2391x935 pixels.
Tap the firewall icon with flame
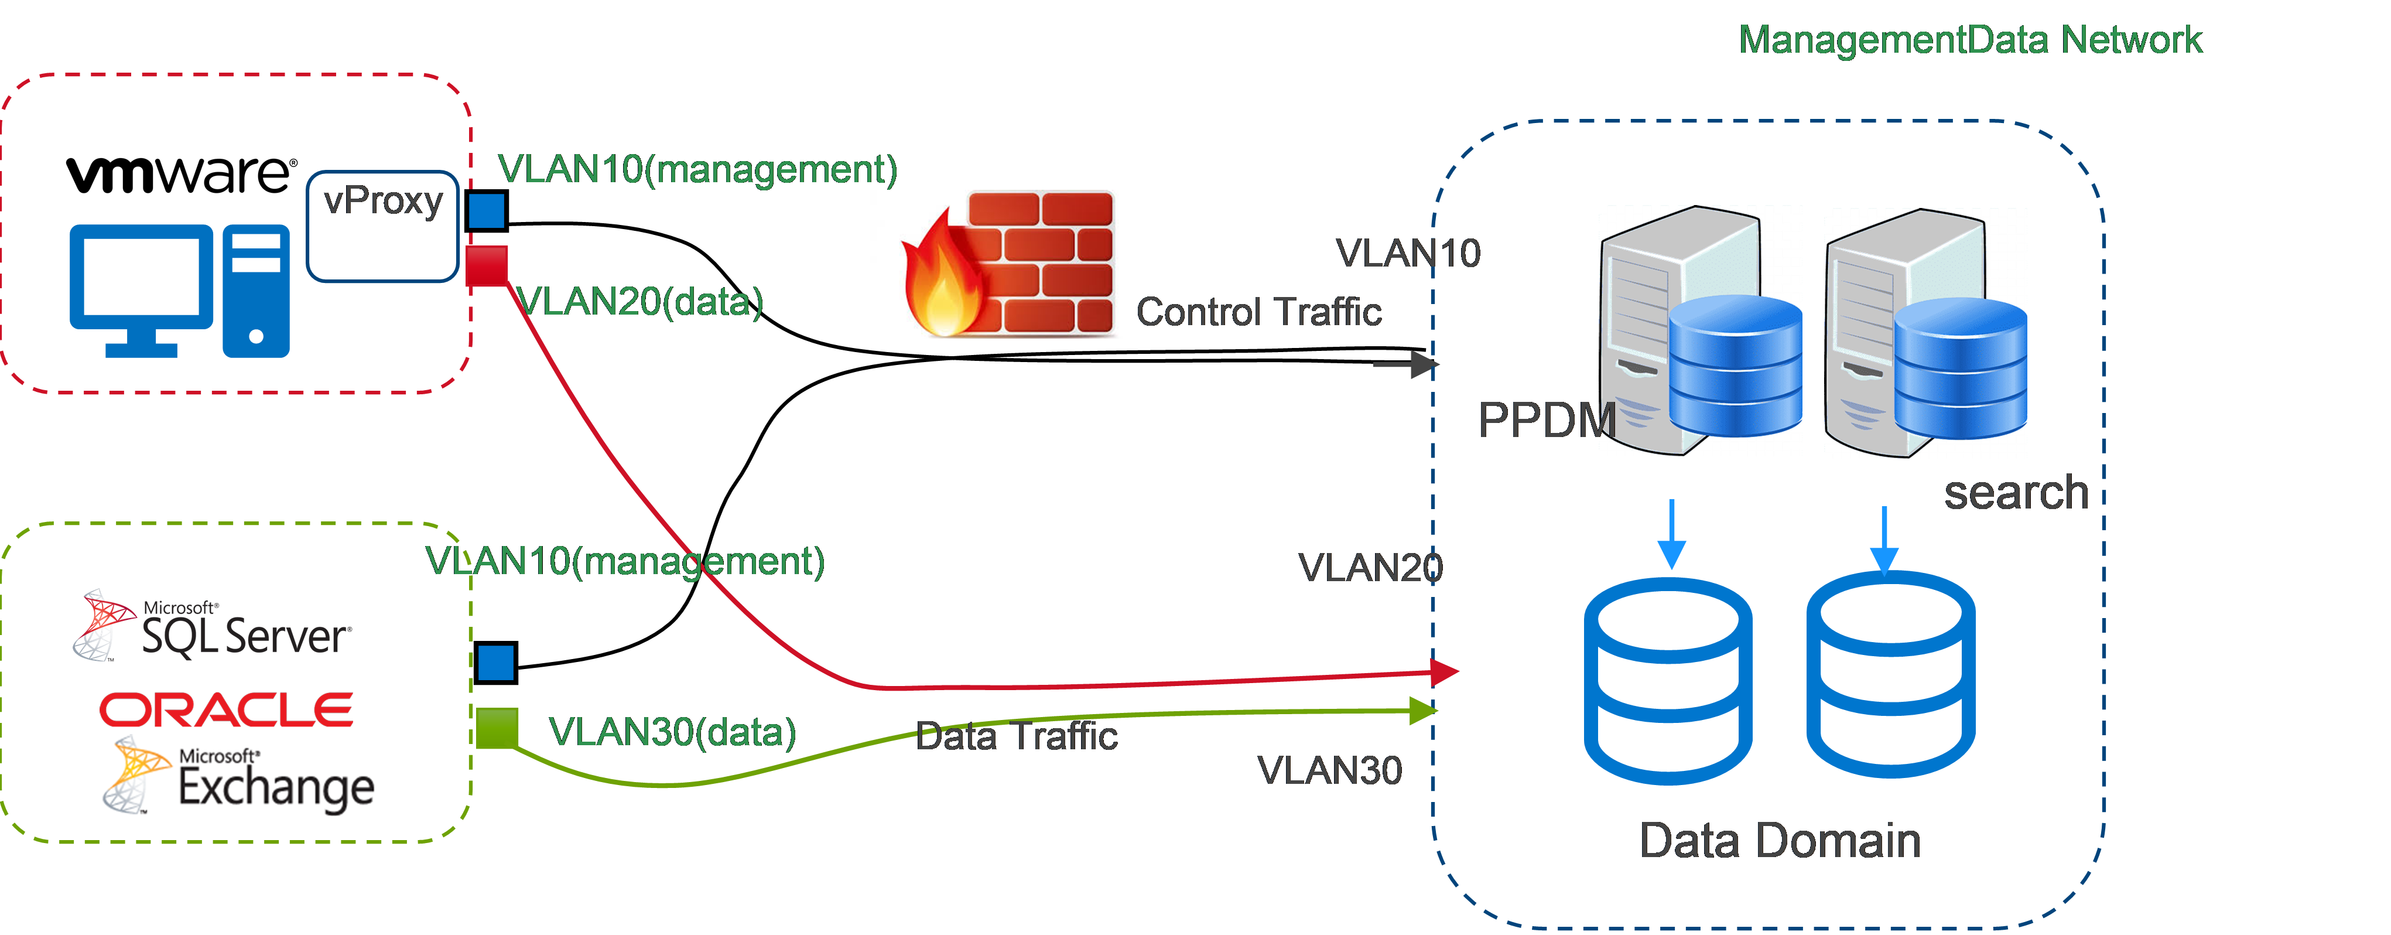tap(1010, 264)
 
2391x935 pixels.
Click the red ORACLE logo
tap(227, 709)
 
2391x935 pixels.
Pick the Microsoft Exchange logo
tap(238, 775)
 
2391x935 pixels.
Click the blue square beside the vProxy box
tap(487, 211)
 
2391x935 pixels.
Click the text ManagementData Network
tap(1969, 40)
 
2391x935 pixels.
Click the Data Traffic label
tap(1017, 736)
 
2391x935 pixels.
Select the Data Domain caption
tap(1779, 840)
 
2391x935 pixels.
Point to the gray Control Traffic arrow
tap(1405, 364)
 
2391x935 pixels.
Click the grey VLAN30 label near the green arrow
tap(1329, 770)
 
